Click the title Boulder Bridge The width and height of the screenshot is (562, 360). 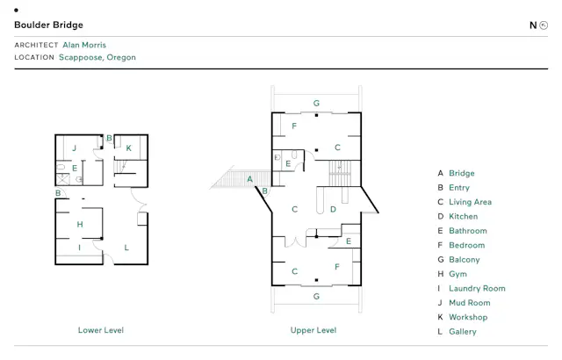(49, 25)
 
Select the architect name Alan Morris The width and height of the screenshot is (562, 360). (84, 45)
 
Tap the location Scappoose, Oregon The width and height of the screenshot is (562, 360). (97, 57)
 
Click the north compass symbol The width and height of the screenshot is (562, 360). (544, 25)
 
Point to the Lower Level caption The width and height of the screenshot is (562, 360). (101, 330)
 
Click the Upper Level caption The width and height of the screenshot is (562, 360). (313, 330)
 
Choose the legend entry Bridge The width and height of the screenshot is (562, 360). (462, 173)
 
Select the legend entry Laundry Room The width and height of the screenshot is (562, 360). (477, 288)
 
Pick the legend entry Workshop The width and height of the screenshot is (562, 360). (468, 317)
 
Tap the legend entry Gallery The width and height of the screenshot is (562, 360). (463, 332)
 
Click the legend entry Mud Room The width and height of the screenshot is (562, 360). (470, 303)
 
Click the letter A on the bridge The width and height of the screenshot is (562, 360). (249, 179)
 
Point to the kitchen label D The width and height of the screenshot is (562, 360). (333, 210)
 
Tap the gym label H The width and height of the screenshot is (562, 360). (80, 225)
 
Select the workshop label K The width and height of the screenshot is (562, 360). (129, 148)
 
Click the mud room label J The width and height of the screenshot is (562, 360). (74, 148)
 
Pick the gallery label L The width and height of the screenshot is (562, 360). (126, 248)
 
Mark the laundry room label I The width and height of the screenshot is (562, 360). (79, 248)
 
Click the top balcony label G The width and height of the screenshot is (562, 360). (316, 104)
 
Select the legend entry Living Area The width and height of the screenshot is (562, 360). (471, 202)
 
